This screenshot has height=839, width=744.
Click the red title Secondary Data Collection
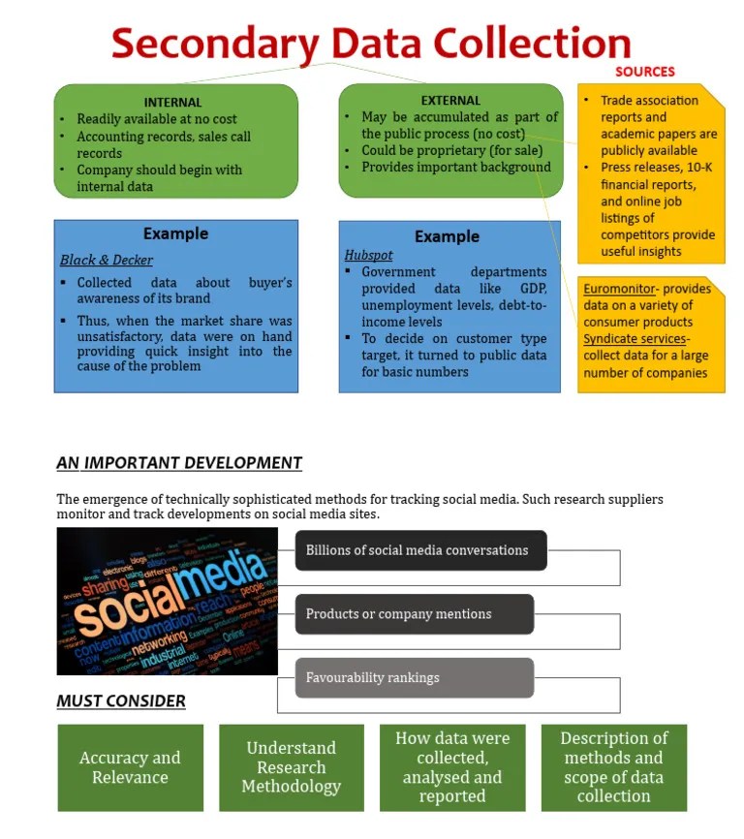371,43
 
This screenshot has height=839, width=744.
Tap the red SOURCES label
644,72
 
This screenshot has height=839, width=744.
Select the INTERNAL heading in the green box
172,102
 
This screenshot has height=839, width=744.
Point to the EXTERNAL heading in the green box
450,100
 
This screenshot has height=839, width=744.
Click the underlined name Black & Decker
107,260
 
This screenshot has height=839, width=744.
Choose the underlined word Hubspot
364,255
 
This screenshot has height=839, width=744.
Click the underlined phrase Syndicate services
635,339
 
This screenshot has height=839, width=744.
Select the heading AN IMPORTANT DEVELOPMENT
179,463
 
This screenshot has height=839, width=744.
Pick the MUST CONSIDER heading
121,700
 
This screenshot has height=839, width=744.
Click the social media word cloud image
167,601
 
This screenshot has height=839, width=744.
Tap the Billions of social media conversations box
420,550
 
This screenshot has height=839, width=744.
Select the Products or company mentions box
414,614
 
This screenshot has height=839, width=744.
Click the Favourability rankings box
414,677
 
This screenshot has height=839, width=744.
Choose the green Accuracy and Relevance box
130,767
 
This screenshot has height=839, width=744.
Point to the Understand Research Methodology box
291,766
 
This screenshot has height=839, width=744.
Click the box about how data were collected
452,766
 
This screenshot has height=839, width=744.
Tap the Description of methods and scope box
613,766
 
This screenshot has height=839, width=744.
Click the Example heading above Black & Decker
175,233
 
